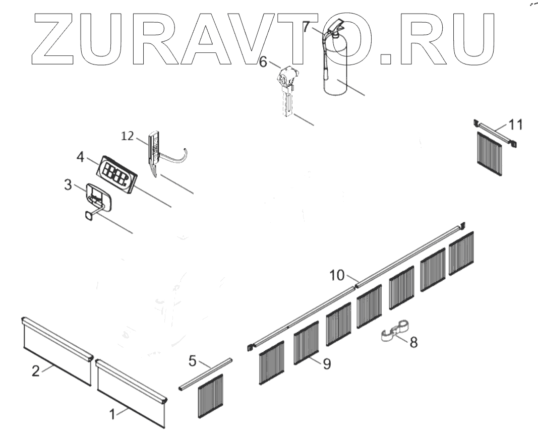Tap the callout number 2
[x=36, y=371]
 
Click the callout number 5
[x=193, y=360]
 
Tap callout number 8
[x=413, y=342]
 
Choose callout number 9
[x=327, y=363]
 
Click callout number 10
[x=337, y=275]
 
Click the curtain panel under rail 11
[x=490, y=153]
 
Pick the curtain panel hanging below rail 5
[x=210, y=396]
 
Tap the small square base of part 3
[x=89, y=215]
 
